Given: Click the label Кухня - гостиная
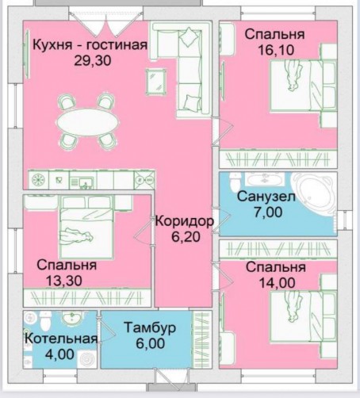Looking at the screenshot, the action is (x=90, y=44).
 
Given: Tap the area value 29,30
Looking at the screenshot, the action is (x=93, y=61).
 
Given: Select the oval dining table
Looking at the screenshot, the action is (x=87, y=122).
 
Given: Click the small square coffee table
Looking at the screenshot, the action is (x=156, y=81).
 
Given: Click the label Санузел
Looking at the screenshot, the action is (x=266, y=197).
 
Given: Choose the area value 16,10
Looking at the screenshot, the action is (x=276, y=50).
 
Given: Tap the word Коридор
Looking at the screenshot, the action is (x=184, y=221).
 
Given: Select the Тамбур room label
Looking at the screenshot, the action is (x=150, y=327).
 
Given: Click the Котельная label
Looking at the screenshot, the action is (x=61, y=339).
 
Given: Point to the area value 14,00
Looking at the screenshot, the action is (x=277, y=283).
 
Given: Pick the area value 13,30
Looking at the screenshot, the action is (x=64, y=281).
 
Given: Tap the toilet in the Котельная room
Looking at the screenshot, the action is (x=45, y=320).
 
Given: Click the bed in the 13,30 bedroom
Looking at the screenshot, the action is (x=86, y=228).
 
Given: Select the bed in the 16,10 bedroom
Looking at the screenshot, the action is (x=303, y=86).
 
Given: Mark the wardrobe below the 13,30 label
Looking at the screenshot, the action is (x=87, y=298).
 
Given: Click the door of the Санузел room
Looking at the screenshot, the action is (x=221, y=222).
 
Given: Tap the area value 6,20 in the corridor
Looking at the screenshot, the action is (x=186, y=237).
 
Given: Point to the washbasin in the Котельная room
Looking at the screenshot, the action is (x=72, y=317).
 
